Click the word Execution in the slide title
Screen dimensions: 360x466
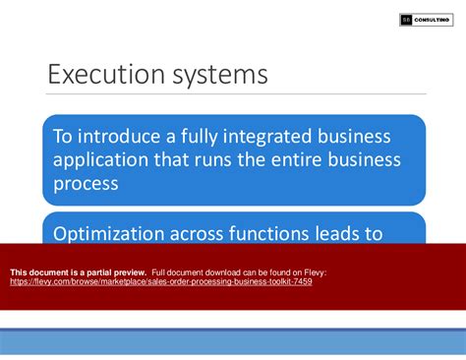pos(101,76)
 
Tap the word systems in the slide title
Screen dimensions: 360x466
pos(213,77)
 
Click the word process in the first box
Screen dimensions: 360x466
pos(87,182)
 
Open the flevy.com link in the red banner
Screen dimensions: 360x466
pos(161,281)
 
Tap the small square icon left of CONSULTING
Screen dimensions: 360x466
pos(406,20)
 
